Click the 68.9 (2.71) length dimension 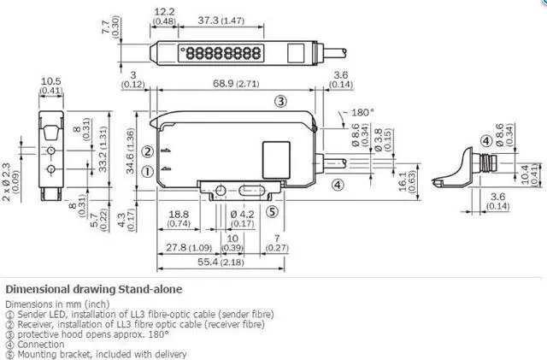pos(236,84)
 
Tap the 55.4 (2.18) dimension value pos(221,262)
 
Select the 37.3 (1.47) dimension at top pos(221,21)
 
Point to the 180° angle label pos(362,112)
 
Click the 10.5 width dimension pos(51,81)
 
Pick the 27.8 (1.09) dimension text pos(189,248)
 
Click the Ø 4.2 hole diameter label pos(243,215)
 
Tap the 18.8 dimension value pos(179,214)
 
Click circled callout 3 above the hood pos(281,101)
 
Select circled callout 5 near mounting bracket pos(273,211)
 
